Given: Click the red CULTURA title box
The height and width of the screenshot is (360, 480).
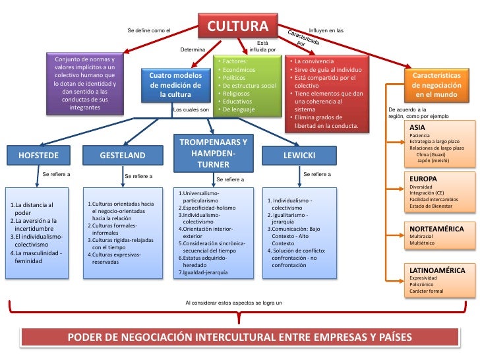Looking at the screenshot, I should (x=239, y=27).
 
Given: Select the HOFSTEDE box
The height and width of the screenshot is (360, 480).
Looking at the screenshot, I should (x=42, y=156).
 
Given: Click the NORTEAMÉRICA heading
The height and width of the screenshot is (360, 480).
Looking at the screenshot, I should (x=436, y=228).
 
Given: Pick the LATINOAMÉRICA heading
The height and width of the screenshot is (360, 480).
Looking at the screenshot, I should (x=437, y=270).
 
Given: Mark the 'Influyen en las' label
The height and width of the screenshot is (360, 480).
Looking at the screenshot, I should (x=326, y=31).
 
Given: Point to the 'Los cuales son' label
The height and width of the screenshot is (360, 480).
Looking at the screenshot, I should (x=190, y=109).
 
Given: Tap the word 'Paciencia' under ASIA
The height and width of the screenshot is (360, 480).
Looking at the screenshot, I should (x=422, y=136).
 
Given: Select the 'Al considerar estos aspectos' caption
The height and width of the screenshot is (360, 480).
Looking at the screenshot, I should (x=233, y=303).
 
